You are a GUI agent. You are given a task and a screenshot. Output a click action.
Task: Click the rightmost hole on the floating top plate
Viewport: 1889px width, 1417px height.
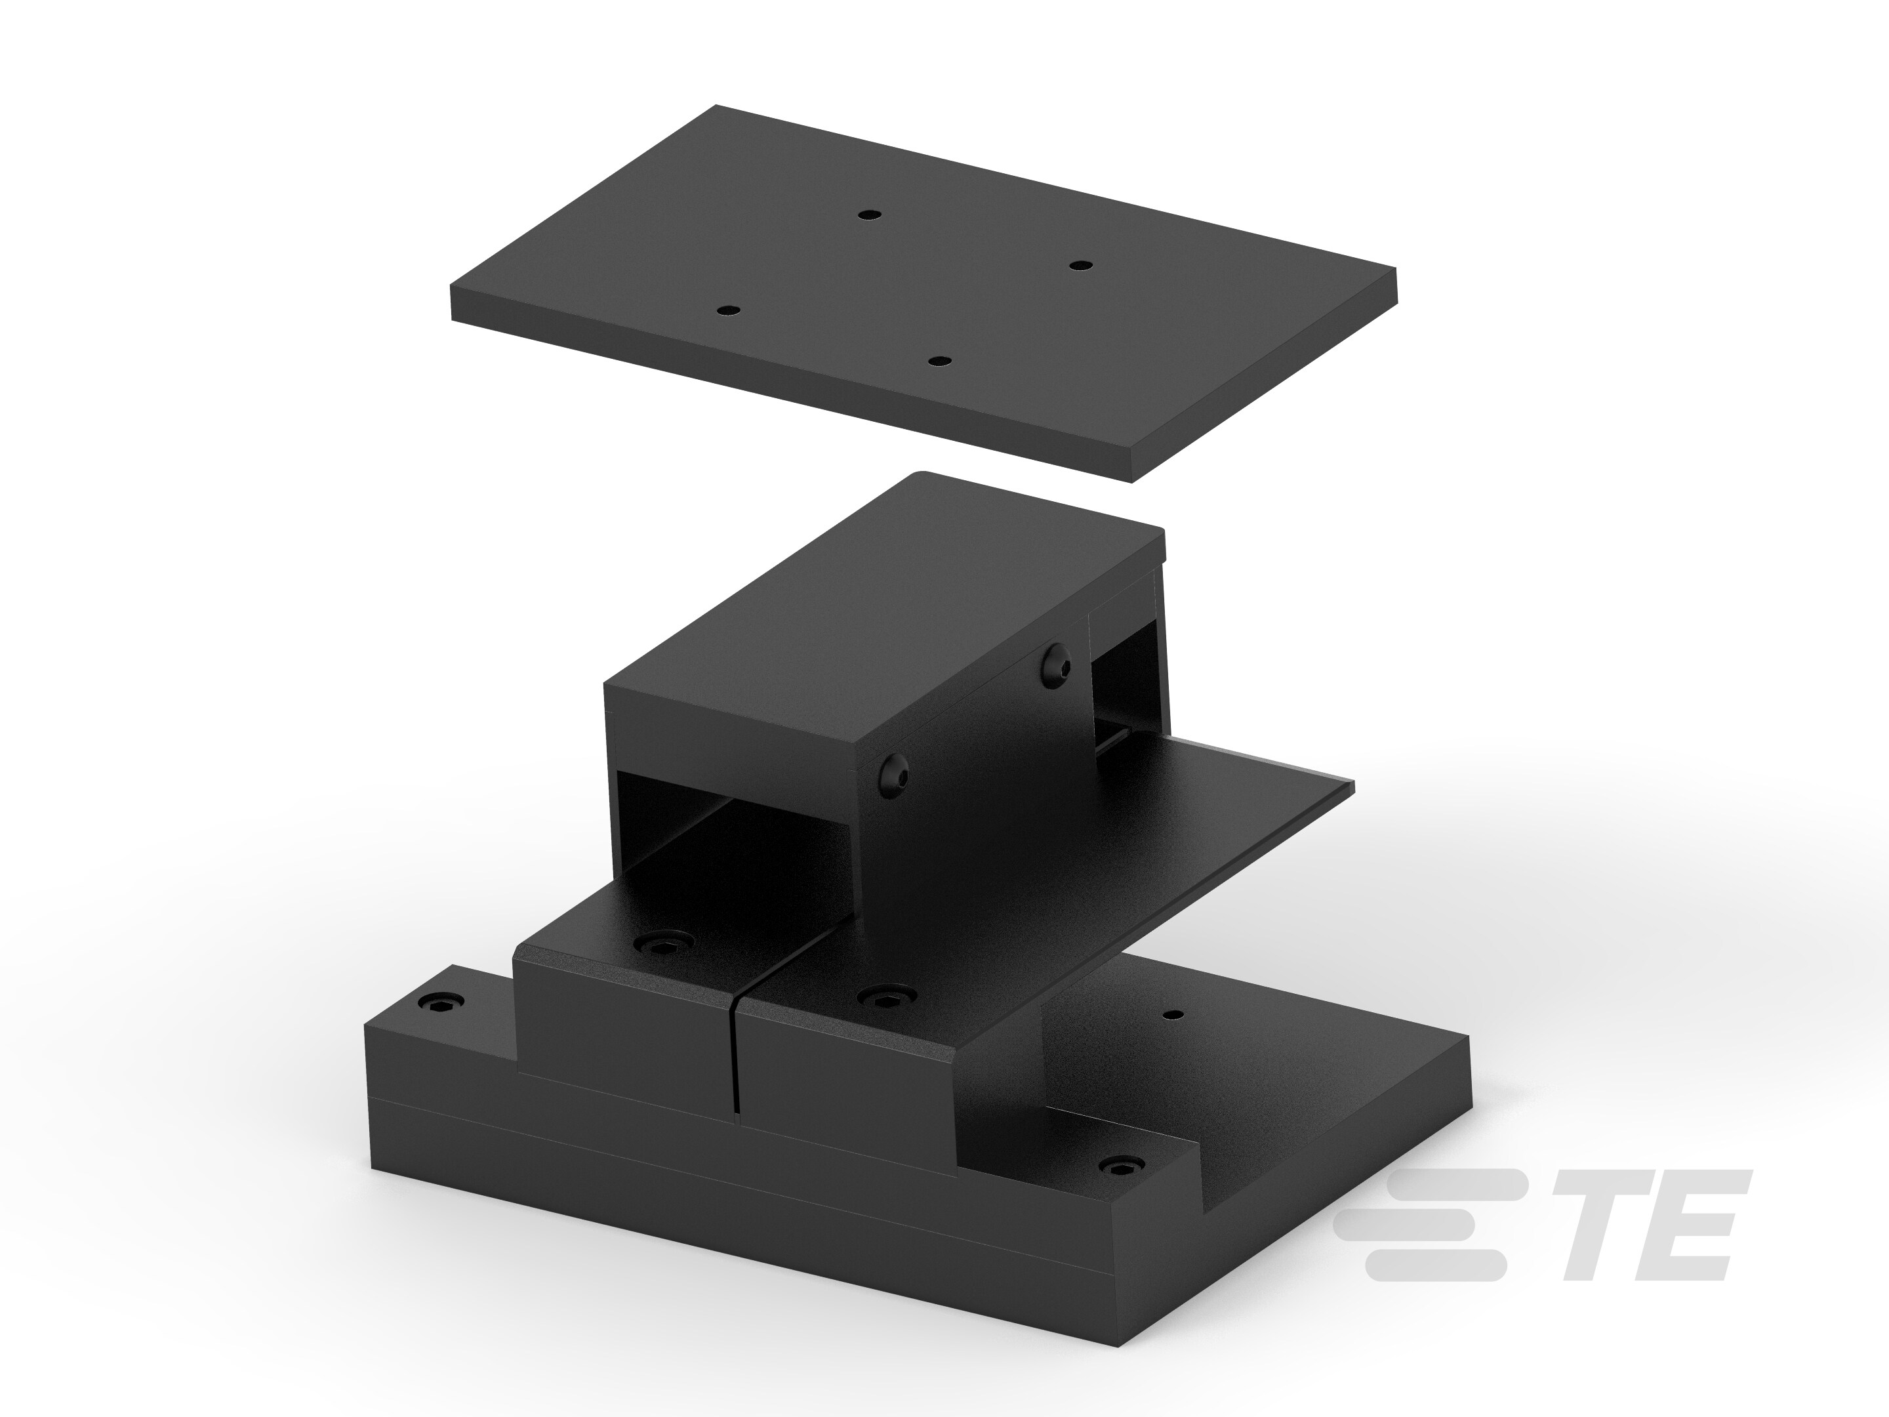click(1081, 266)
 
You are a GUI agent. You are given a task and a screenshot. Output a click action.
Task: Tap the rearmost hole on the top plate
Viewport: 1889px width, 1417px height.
click(868, 215)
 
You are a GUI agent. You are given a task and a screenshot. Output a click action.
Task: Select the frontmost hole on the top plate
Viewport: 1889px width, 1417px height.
click(939, 362)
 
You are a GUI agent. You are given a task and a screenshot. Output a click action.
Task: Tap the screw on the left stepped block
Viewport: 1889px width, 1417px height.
click(662, 942)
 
